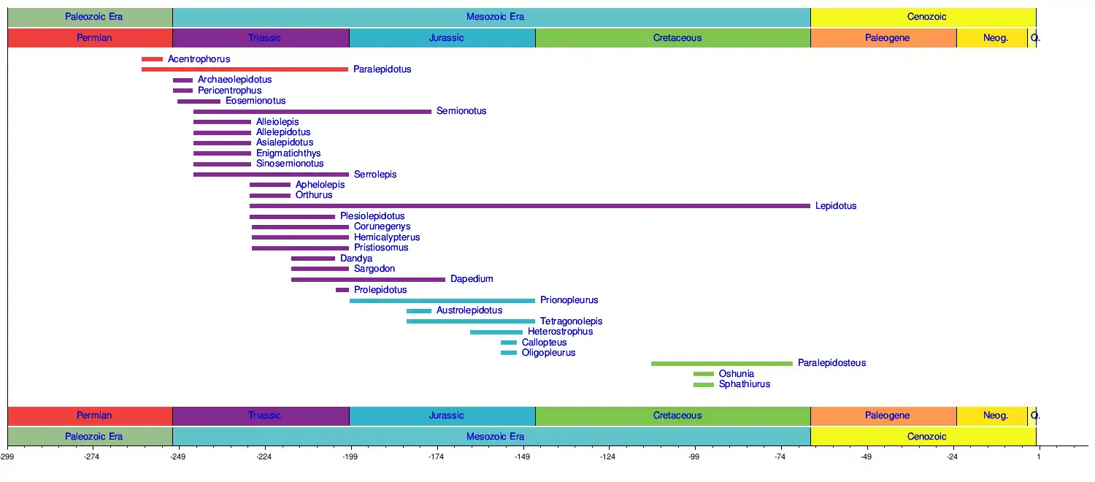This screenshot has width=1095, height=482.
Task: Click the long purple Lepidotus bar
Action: click(x=529, y=206)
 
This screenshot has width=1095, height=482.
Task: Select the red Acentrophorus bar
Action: click(x=152, y=59)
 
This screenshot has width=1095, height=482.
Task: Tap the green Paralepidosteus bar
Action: click(x=721, y=363)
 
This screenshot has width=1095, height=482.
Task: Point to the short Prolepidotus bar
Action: click(x=342, y=290)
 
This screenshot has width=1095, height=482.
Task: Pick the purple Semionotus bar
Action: click(x=312, y=112)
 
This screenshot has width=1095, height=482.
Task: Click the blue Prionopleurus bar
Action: click(x=442, y=300)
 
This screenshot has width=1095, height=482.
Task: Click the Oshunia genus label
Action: click(x=737, y=374)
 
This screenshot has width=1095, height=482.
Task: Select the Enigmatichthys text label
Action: click(x=288, y=153)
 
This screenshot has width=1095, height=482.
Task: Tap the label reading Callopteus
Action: click(x=544, y=343)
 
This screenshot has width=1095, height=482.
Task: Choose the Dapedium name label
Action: click(x=472, y=279)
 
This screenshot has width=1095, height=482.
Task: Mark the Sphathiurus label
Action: click(x=745, y=384)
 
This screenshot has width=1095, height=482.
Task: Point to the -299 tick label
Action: click(x=7, y=457)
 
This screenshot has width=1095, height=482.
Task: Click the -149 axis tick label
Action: click(x=522, y=457)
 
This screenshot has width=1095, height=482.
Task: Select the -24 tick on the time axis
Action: click(x=952, y=457)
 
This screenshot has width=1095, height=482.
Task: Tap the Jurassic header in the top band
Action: click(x=446, y=38)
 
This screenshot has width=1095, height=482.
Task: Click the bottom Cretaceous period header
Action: click(x=677, y=416)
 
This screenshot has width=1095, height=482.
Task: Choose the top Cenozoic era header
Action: click(x=927, y=17)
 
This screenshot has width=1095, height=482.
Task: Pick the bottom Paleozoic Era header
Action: click(x=94, y=437)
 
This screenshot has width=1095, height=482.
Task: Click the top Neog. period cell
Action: click(x=996, y=38)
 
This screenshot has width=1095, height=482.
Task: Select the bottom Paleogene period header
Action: click(x=887, y=416)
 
